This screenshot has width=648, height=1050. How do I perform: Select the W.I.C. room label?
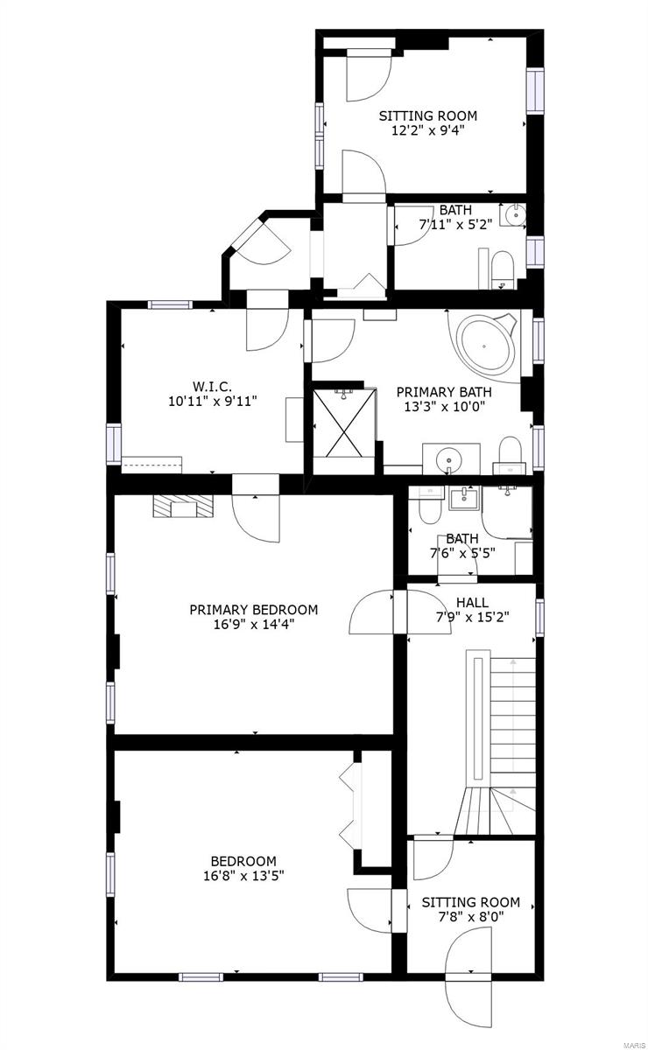tap(212, 387)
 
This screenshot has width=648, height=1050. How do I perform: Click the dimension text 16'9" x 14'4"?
tap(253, 625)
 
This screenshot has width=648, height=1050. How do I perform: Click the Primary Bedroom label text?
tap(253, 610)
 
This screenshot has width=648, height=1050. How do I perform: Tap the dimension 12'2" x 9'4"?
tap(427, 130)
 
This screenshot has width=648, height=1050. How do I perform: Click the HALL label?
tap(472, 601)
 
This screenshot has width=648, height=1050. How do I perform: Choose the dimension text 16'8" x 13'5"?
tap(243, 875)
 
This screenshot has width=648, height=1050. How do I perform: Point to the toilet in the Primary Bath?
tap(510, 451)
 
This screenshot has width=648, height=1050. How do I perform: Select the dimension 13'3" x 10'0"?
tap(444, 407)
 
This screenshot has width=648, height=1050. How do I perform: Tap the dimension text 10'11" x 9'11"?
tap(212, 402)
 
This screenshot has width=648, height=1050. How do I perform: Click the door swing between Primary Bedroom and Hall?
tap(371, 612)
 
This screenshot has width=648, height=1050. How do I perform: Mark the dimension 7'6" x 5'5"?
tap(461, 553)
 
